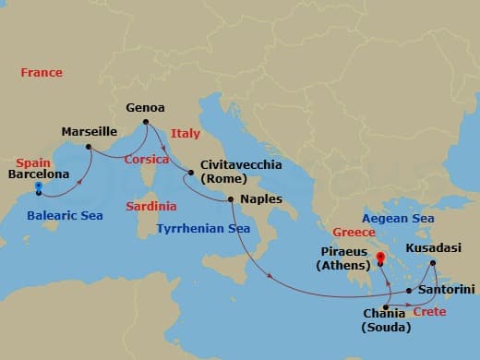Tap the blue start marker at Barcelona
click(38, 187)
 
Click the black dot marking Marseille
click(88, 147)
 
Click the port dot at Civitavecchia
click(191, 173)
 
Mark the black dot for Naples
click(231, 199)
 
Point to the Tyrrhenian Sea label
click(203, 228)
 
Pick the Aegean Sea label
click(398, 218)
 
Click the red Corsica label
click(147, 159)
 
